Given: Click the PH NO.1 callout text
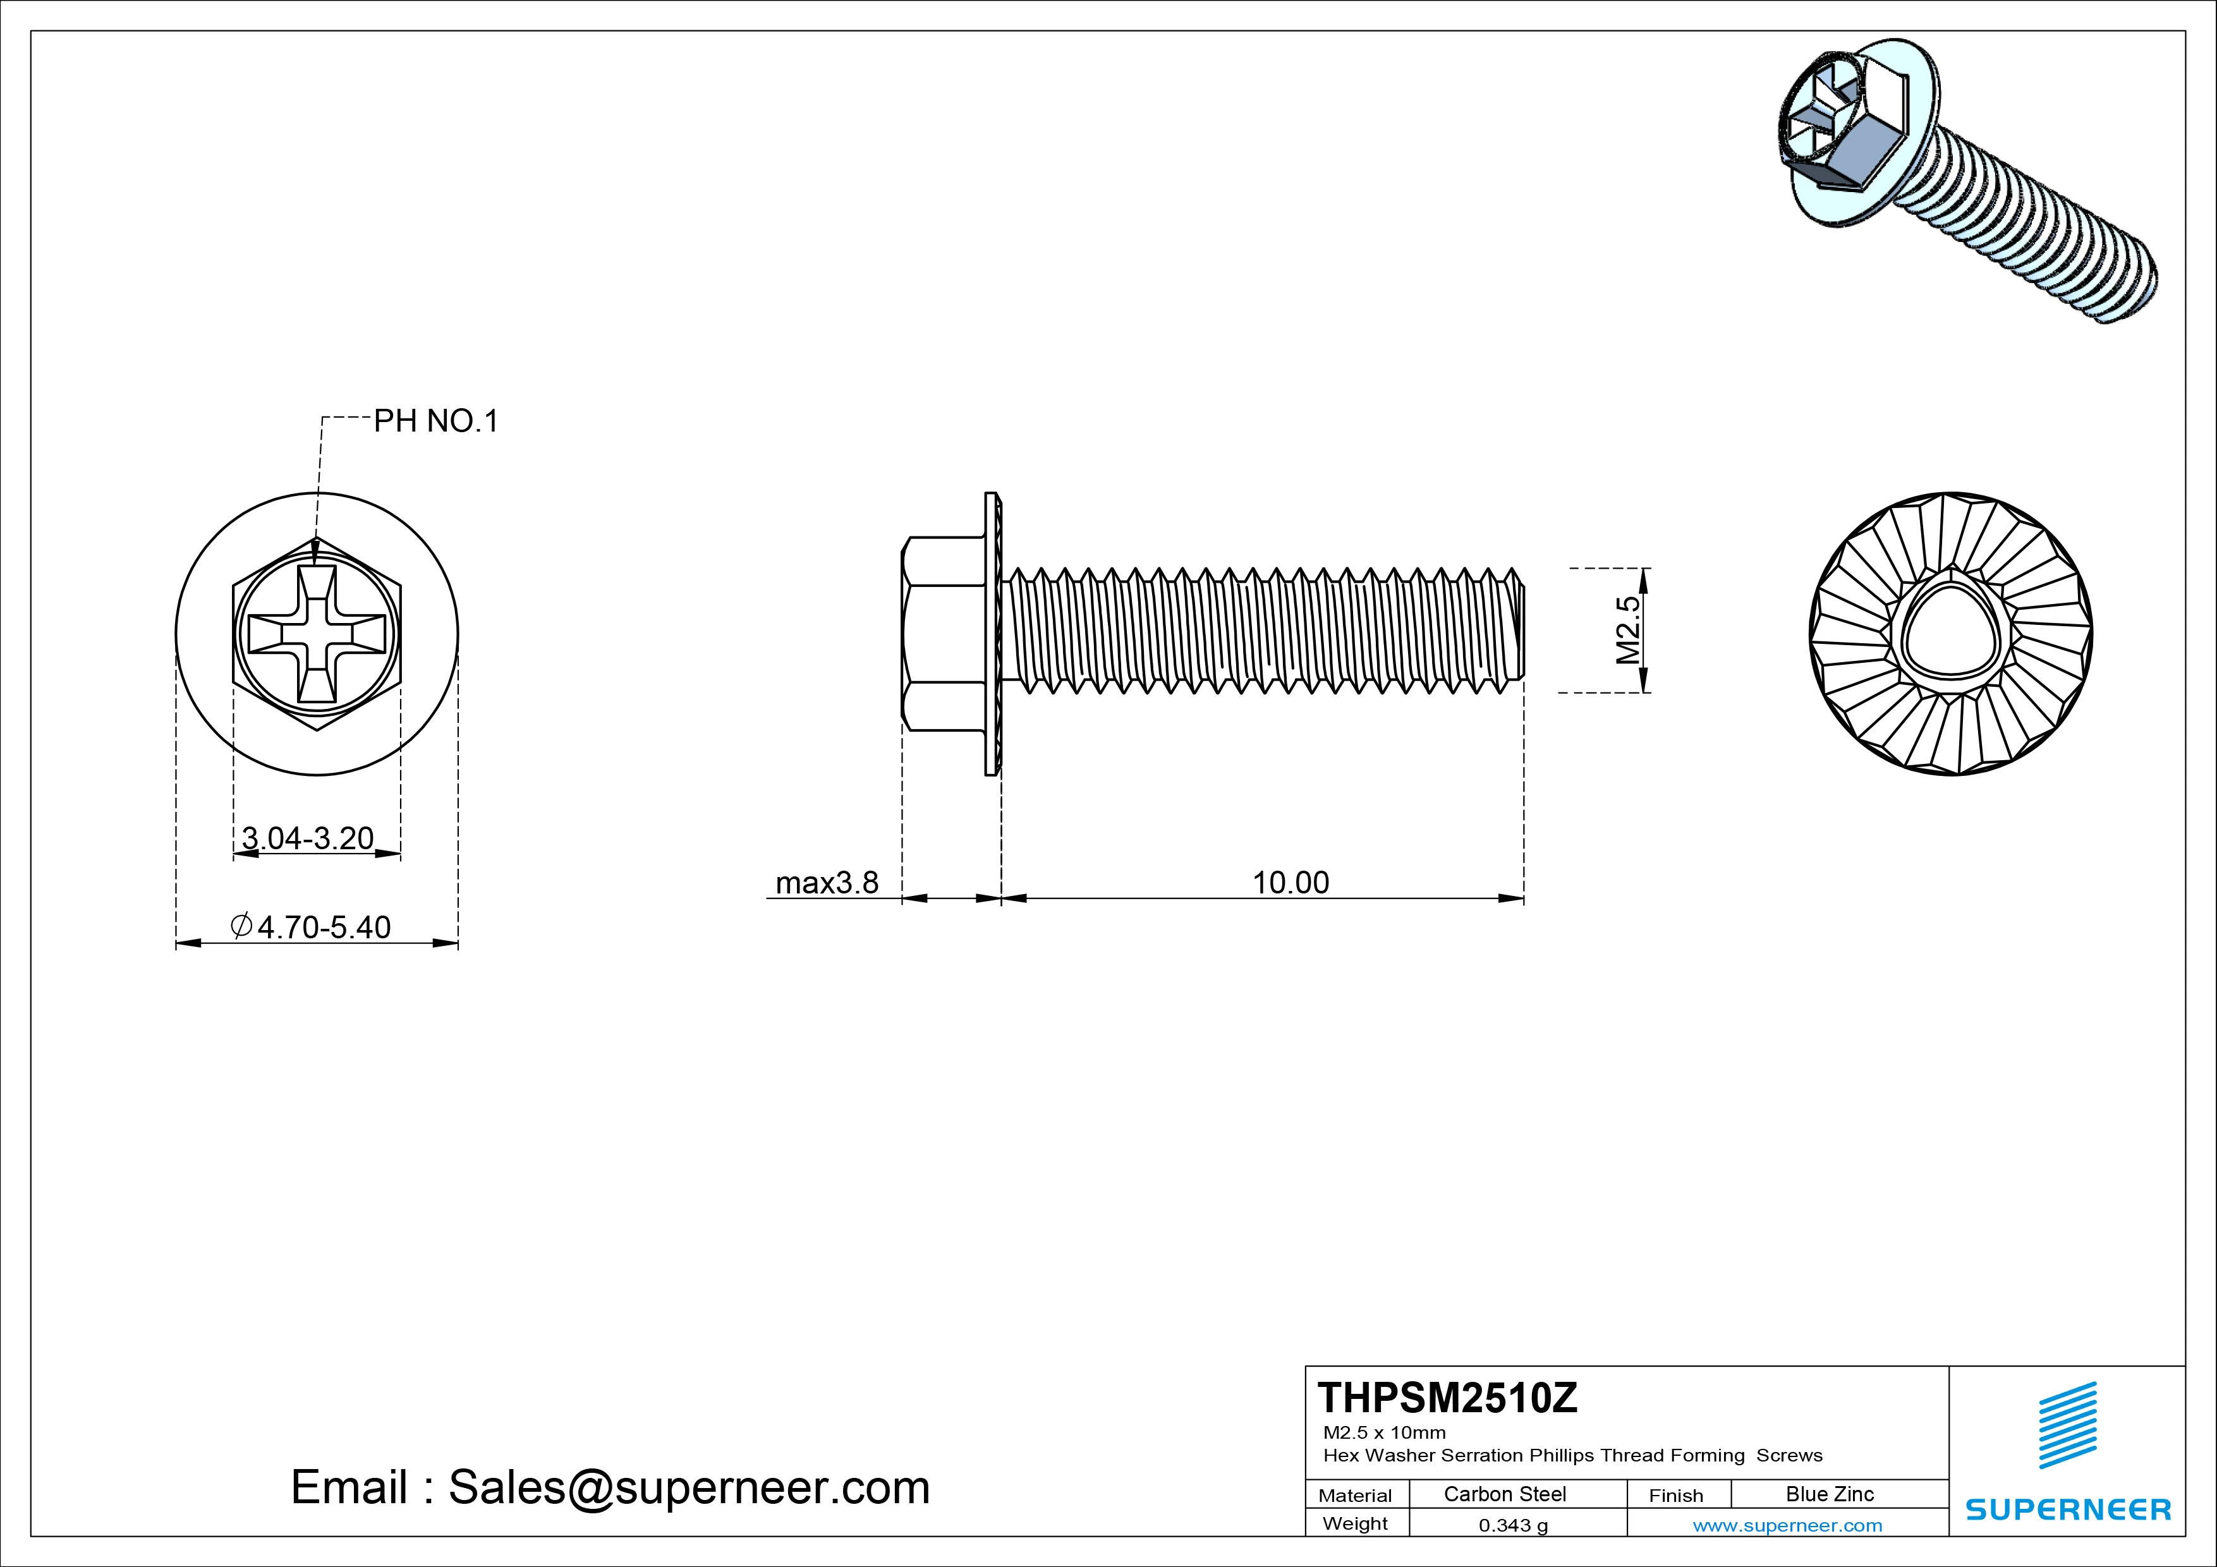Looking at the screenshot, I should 435,421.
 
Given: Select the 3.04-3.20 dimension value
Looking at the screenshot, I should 307,838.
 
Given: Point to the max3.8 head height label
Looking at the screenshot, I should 827,883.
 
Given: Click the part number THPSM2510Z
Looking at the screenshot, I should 1447,1398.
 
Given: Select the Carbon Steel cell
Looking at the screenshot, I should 1504,1494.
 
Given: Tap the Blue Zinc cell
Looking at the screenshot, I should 1829,1494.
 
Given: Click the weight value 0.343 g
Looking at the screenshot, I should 1513,1525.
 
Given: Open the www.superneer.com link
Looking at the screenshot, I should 1787,1525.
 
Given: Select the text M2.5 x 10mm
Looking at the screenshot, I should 1383,1433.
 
